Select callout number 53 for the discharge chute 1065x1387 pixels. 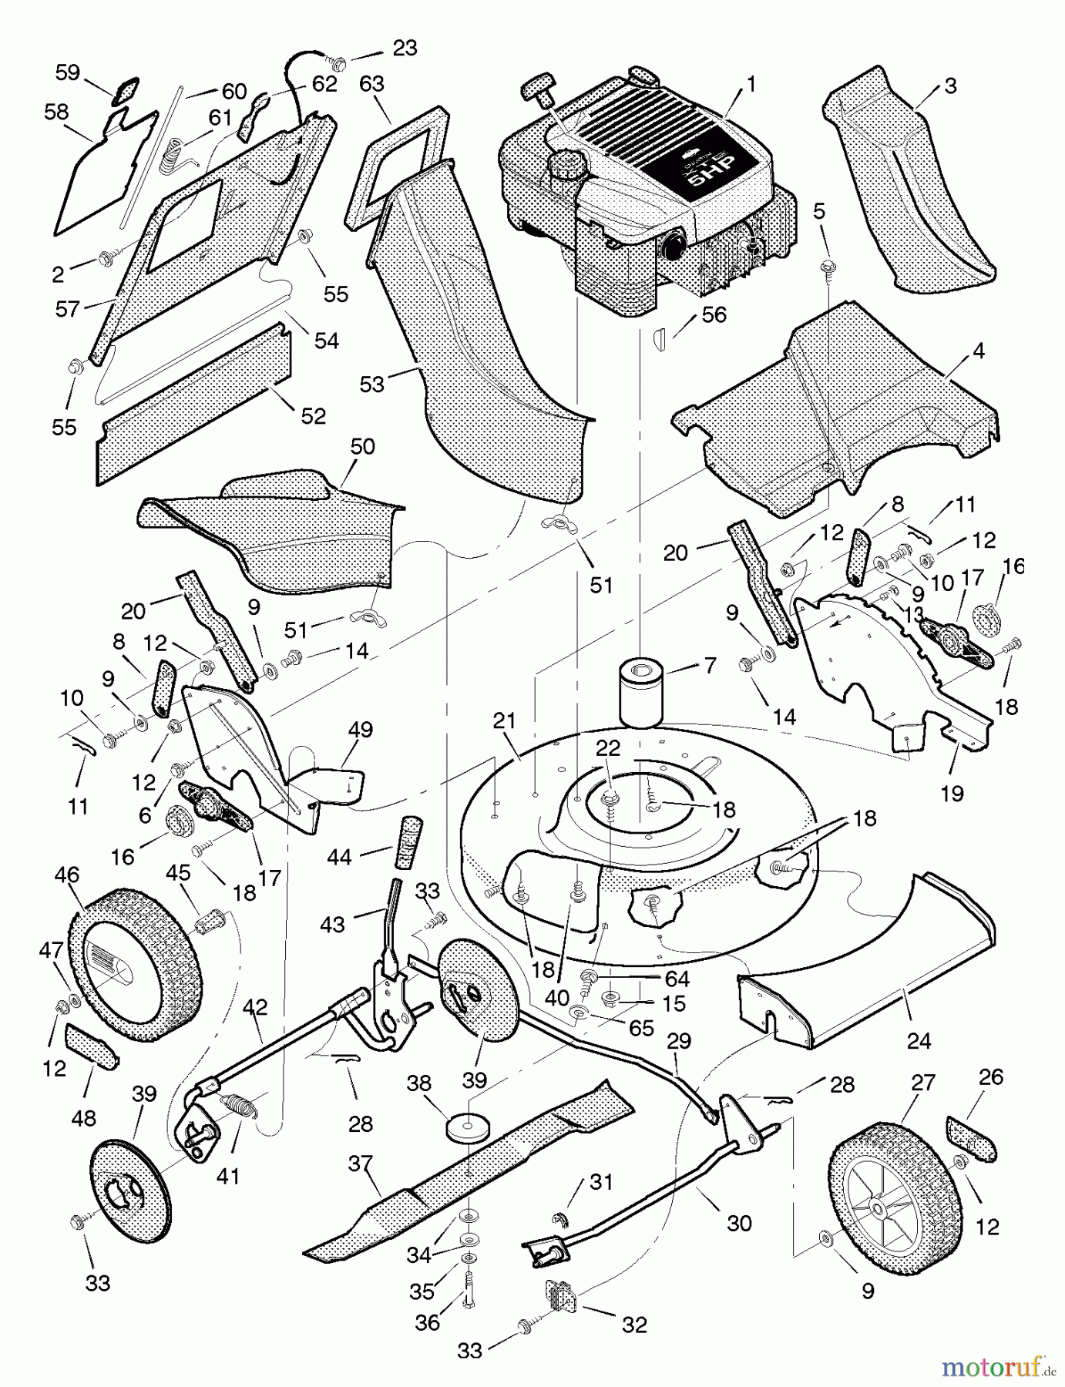point(372,384)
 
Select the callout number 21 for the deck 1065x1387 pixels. point(504,721)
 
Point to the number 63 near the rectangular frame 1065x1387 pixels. point(371,83)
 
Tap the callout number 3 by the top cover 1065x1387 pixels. point(950,86)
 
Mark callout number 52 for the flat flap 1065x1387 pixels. point(314,415)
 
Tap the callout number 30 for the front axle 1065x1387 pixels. point(739,1223)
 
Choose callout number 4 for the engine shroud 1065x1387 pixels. point(979,351)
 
